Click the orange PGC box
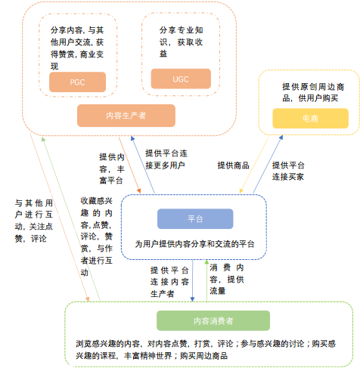77,82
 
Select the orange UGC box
179,78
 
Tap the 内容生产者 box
126,115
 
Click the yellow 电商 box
311,117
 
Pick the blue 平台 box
194,218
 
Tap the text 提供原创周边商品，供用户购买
311,92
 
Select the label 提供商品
234,165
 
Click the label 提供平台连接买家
288,170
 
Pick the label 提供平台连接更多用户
165,158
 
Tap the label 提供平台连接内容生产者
169,281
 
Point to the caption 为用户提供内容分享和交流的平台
194,244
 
